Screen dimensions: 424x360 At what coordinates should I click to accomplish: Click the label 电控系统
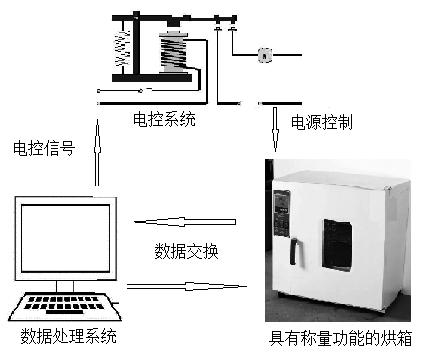click(x=164, y=119)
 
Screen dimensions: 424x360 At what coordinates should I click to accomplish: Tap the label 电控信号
click(x=44, y=148)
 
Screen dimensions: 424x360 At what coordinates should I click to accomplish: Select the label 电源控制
click(x=322, y=122)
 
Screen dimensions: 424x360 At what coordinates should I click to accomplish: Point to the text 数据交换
click(x=186, y=251)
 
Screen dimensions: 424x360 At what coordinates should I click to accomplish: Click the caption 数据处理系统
click(x=69, y=336)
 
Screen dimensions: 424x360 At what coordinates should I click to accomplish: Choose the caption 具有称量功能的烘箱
click(x=341, y=338)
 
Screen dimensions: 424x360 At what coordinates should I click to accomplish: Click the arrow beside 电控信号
click(x=97, y=152)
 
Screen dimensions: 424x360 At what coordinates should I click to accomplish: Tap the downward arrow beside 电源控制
click(x=276, y=129)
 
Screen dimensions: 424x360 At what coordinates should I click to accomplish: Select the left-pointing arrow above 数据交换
click(x=185, y=222)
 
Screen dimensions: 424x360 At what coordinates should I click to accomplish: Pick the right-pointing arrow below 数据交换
click(x=187, y=286)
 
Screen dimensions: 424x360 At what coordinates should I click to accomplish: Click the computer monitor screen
click(x=66, y=238)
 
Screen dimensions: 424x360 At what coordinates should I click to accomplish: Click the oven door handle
click(x=295, y=251)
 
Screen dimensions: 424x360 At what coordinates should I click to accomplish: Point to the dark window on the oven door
click(x=338, y=245)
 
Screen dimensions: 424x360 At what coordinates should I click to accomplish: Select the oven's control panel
click(x=282, y=213)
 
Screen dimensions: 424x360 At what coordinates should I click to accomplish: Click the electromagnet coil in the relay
click(x=173, y=52)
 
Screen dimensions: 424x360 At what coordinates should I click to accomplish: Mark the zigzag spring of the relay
click(x=123, y=49)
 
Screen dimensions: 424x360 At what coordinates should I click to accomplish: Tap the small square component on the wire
click(x=265, y=55)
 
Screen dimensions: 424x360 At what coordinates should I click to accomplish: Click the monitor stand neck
click(x=65, y=287)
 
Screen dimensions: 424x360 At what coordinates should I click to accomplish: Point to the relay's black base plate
click(x=152, y=78)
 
